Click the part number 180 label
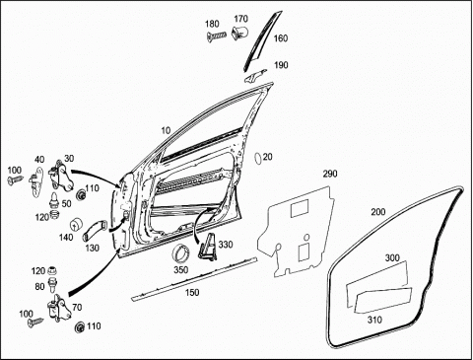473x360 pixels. (212, 24)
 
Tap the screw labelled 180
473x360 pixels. (217, 36)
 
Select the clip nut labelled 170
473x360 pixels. (240, 33)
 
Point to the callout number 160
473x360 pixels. (281, 38)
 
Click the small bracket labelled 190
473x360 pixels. (255, 76)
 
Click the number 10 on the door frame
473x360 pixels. (166, 131)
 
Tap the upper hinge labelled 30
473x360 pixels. (61, 178)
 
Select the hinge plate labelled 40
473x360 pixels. (36, 181)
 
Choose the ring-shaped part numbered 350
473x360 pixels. (181, 254)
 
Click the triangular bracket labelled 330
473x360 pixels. (207, 247)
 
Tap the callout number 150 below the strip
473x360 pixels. (192, 292)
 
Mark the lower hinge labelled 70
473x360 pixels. (60, 308)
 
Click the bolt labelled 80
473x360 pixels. (52, 285)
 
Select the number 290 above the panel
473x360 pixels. (330, 174)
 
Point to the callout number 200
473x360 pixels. (378, 212)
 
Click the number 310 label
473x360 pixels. (374, 320)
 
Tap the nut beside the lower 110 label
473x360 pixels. (80, 327)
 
